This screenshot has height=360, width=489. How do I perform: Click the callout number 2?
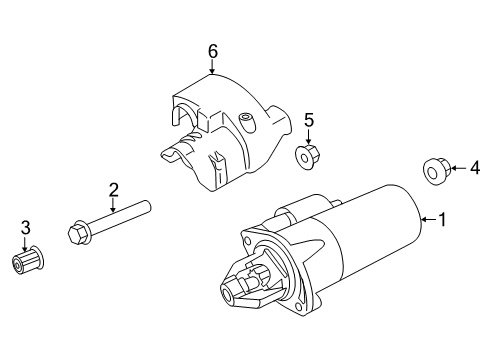click(113, 189)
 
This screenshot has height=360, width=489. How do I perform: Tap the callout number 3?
click(26, 229)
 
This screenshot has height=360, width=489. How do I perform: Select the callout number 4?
click(475, 168)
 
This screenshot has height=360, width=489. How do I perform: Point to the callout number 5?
click(309, 121)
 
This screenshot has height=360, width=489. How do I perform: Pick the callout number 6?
click(212, 50)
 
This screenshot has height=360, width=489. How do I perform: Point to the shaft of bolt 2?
click(120, 217)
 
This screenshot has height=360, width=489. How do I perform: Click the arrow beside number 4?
click(458, 169)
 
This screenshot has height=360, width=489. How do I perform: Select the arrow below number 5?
click(308, 138)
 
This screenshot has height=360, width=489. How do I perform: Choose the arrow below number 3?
click(26, 244)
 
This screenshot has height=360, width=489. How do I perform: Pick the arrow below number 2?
click(113, 205)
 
